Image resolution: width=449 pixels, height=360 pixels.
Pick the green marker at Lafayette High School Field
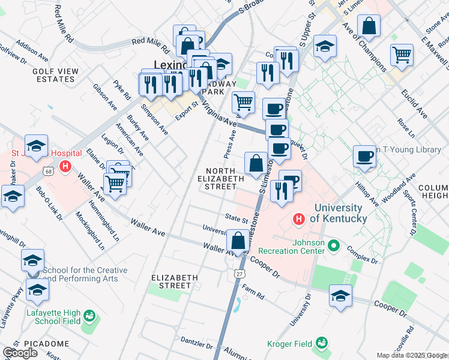coord(89,316)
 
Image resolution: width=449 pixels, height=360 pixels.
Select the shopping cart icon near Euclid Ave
coord(402,55)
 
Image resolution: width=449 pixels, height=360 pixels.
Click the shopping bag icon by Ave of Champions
coord(369,26)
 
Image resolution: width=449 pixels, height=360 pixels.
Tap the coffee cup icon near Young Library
coord(364,157)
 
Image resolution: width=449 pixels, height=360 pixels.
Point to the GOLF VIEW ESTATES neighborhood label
coord(56,75)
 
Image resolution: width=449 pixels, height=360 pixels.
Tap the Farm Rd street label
coord(253,295)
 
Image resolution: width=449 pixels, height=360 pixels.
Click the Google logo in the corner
coord(20,352)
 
